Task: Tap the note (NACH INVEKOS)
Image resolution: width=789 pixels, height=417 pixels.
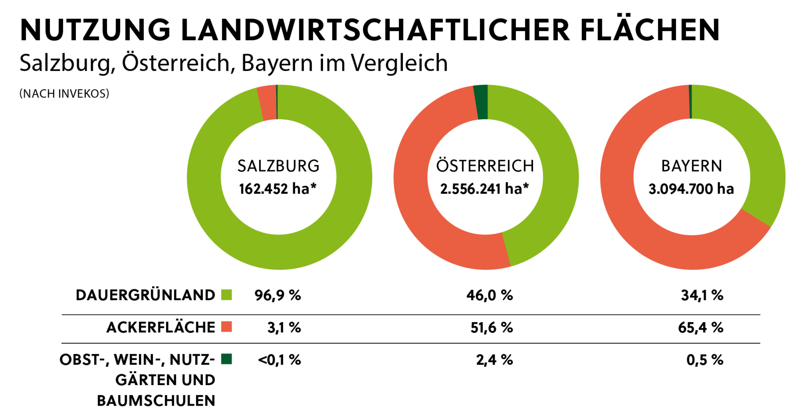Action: tap(64, 94)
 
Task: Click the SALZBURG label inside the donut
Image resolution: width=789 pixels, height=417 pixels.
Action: tap(278, 166)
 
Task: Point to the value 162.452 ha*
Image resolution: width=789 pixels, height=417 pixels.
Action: tap(277, 189)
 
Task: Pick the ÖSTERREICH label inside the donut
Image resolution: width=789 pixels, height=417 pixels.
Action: tap(485, 166)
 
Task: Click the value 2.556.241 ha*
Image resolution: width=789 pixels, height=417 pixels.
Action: tap(484, 189)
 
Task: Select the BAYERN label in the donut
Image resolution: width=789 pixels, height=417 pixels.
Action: tap(692, 166)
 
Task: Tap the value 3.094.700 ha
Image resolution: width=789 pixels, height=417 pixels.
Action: tap(691, 189)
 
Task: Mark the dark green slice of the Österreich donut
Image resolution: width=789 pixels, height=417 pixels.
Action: tap(481, 102)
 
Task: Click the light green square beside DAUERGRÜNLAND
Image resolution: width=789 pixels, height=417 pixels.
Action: tap(226, 295)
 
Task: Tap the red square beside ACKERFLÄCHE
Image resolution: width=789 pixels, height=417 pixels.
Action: tap(226, 327)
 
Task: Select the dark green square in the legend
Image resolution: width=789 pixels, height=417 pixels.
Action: tap(226, 359)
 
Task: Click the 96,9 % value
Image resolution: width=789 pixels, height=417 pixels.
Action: tap(277, 295)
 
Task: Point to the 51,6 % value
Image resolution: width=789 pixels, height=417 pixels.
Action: tap(491, 328)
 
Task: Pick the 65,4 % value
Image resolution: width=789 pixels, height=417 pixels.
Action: tap(700, 328)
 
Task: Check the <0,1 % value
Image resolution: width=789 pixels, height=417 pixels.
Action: tap(279, 360)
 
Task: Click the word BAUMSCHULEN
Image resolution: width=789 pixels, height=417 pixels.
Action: tap(156, 401)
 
